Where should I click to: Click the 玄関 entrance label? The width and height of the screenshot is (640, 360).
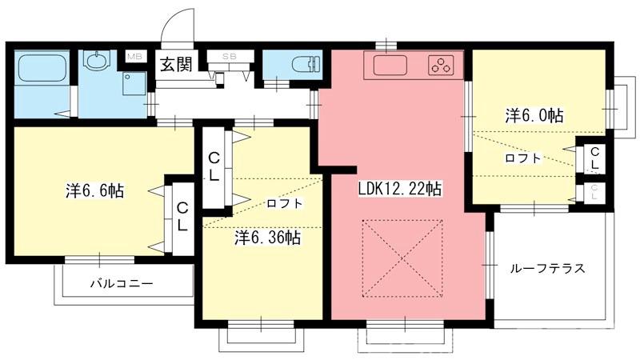(176, 64)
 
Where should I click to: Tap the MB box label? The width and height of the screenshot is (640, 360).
(134, 56)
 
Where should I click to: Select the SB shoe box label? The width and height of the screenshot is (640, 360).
(230, 57)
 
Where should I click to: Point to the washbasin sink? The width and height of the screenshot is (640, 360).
(97, 60)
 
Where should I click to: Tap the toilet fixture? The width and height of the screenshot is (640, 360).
(306, 64)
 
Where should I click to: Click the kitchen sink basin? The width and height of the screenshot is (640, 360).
(390, 66)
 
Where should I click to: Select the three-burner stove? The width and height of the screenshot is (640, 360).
(441, 65)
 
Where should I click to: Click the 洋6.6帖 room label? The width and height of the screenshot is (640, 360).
(94, 190)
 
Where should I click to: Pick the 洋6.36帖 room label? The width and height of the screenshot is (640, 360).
(268, 237)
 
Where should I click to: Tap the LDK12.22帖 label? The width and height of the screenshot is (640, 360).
(399, 189)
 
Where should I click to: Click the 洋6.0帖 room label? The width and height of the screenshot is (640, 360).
(534, 115)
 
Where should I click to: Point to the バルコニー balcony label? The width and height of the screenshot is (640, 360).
(122, 283)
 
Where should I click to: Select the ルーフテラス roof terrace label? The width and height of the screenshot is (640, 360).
(547, 268)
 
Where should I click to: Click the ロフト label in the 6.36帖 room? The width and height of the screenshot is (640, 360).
(285, 203)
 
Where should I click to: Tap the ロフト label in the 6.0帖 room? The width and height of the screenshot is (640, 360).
(523, 158)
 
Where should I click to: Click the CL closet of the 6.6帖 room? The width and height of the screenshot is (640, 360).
(182, 217)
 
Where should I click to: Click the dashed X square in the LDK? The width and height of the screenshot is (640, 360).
(402, 258)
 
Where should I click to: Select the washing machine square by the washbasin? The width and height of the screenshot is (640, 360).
(134, 84)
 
